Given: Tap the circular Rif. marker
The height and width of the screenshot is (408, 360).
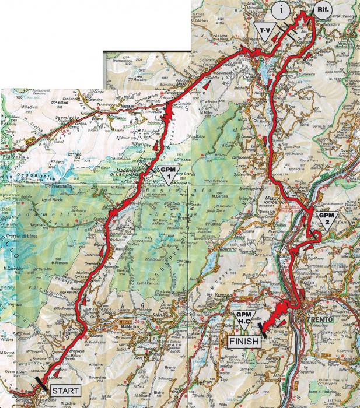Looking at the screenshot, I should pyautogui.click(x=321, y=10).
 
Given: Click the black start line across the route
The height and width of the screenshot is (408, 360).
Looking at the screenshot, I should pyautogui.click(x=43, y=382).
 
